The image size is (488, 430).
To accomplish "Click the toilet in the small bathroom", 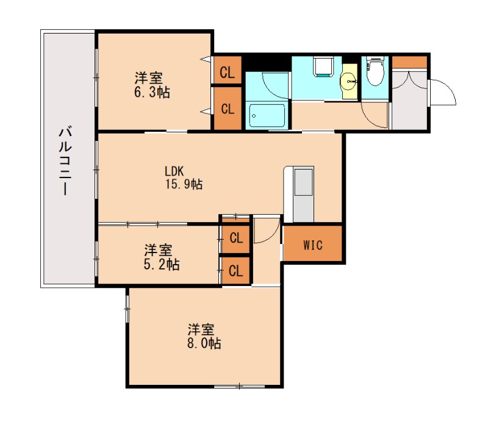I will (x=375, y=73).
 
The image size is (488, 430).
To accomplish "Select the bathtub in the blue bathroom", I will (x=266, y=115).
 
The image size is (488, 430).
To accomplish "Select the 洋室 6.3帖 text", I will (x=149, y=85).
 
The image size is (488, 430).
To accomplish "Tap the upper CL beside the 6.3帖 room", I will (x=227, y=73).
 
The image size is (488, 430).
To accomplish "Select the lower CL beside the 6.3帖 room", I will (x=227, y=109).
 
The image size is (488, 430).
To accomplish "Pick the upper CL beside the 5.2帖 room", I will (x=236, y=238).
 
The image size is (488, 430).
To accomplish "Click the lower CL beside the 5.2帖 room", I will (x=236, y=270).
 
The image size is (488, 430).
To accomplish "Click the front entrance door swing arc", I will (x=444, y=91).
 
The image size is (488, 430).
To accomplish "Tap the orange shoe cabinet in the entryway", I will (x=409, y=62).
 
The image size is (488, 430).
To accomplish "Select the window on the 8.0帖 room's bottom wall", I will (x=239, y=385).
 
